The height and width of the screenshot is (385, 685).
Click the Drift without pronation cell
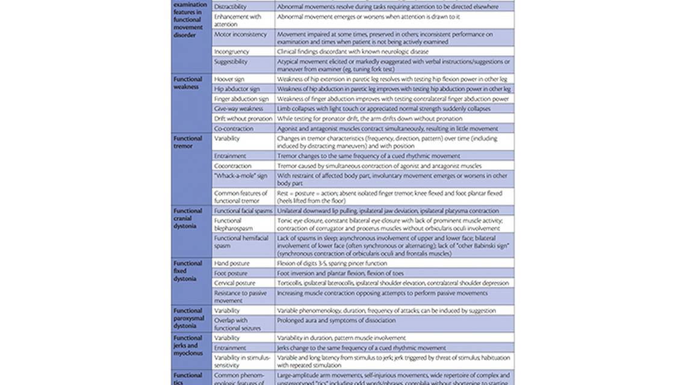[243, 119]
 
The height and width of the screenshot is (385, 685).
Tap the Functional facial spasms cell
[243, 211]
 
